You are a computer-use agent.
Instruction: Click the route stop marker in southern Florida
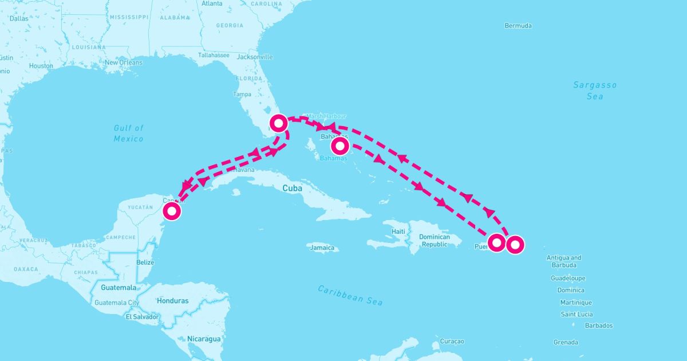click(x=278, y=123)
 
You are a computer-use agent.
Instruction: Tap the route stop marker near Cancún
click(x=172, y=211)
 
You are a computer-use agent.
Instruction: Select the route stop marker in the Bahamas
click(x=339, y=145)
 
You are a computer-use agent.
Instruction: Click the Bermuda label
click(x=518, y=26)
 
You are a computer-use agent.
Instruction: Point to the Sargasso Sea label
click(x=595, y=91)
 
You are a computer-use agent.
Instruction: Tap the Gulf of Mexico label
click(x=128, y=134)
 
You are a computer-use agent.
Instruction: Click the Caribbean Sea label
click(x=350, y=295)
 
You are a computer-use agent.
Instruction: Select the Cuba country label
click(x=292, y=188)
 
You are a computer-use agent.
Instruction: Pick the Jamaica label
click(x=322, y=248)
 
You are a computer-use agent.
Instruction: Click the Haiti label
click(x=398, y=231)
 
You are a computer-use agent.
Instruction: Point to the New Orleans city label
click(x=123, y=62)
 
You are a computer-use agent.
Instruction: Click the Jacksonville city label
click(x=255, y=57)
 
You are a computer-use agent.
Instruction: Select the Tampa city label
click(x=242, y=94)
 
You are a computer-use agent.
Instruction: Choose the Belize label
click(x=145, y=262)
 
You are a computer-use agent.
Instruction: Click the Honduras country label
click(x=172, y=301)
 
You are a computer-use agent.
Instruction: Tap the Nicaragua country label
click(x=203, y=339)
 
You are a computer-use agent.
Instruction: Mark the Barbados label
click(x=599, y=325)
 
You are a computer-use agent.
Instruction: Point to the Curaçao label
click(x=452, y=341)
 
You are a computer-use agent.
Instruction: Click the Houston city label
click(x=41, y=66)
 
